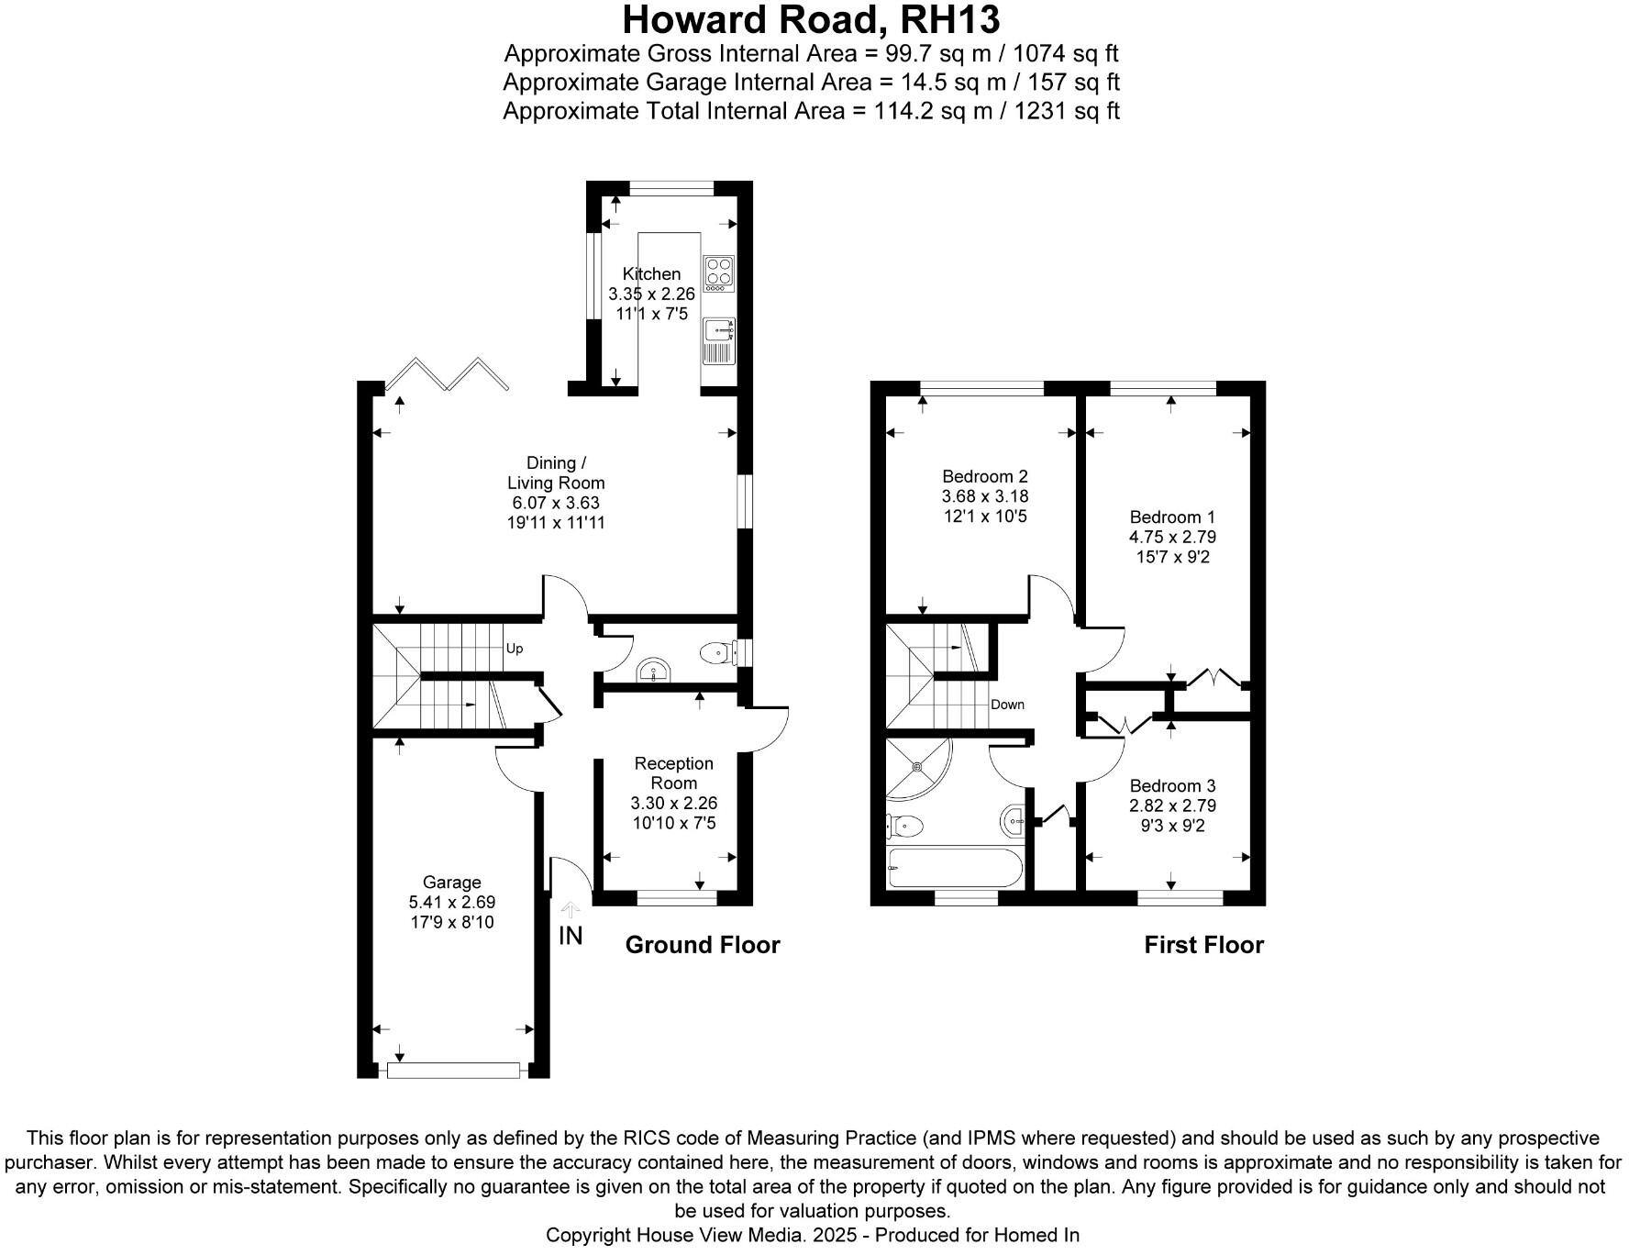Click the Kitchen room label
click(651, 273)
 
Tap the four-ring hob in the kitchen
click(718, 272)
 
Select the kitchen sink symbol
click(718, 340)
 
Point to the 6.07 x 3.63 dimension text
click(556, 503)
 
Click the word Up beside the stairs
click(515, 649)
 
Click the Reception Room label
click(673, 772)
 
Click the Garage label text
click(451, 883)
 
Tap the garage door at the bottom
click(453, 1070)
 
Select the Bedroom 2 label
click(984, 476)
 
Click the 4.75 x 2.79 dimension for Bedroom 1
click(1172, 537)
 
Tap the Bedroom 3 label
click(1172, 785)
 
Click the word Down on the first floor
click(1007, 705)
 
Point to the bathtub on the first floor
click(955, 867)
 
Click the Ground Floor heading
click(702, 945)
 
